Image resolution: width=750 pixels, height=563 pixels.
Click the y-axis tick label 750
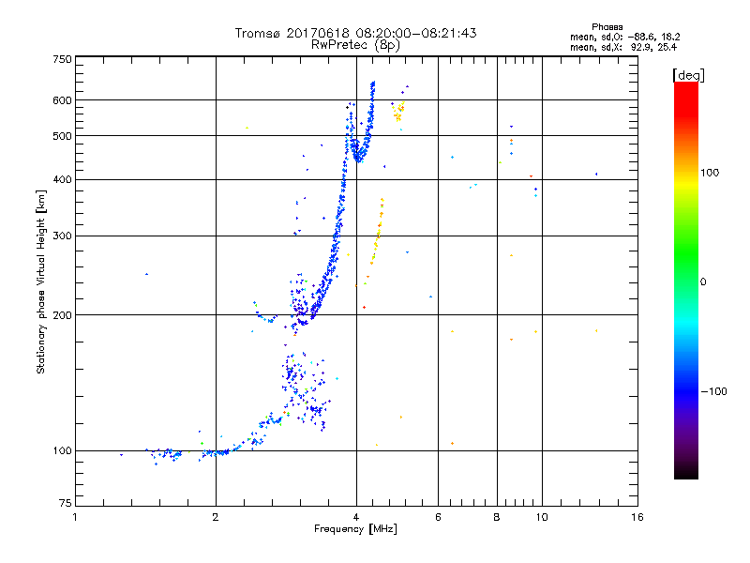point(62,59)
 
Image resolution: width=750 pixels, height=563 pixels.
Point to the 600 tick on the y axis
point(62,99)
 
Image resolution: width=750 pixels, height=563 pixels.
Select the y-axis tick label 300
point(62,236)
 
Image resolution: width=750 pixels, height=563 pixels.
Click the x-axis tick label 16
point(637,517)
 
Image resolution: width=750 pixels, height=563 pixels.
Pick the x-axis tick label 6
point(439,517)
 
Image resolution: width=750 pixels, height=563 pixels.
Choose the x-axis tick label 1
point(76,517)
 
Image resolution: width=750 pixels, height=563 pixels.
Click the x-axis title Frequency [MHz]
point(355,529)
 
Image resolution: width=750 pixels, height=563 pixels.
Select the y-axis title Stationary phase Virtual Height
point(41,281)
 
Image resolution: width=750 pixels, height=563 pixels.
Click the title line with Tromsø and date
point(355,33)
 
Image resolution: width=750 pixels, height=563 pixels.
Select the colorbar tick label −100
point(713,391)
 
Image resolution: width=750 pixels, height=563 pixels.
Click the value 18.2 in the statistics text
point(667,37)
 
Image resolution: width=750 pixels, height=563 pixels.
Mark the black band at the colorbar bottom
point(686,475)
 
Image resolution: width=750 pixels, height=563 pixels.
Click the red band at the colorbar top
point(686,87)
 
